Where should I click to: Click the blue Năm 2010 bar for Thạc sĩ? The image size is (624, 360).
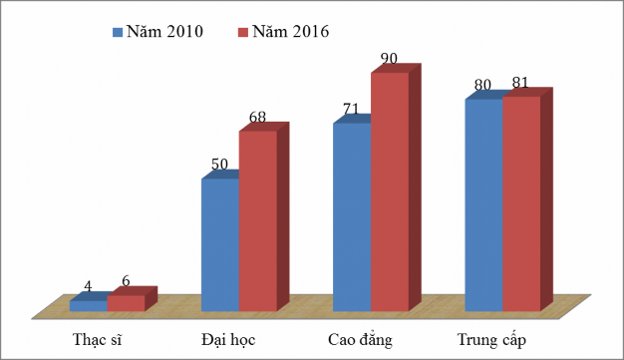tap(88, 306)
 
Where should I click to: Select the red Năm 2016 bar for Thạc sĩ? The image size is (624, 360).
tap(126, 303)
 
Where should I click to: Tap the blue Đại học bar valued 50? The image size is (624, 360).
tap(220, 244)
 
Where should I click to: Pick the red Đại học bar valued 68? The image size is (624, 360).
tap(257, 220)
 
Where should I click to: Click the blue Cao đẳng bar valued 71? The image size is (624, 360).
tap(352, 216)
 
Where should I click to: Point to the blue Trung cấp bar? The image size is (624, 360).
tap(483, 204)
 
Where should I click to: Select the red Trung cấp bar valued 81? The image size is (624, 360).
tap(521, 203)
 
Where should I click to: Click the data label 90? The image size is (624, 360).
tap(389, 59)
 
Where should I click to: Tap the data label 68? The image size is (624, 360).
tap(257, 118)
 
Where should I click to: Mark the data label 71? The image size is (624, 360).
tap(350, 109)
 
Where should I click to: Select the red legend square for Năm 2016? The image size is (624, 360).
tap(243, 32)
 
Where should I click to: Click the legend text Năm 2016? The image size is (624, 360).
tap(292, 32)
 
